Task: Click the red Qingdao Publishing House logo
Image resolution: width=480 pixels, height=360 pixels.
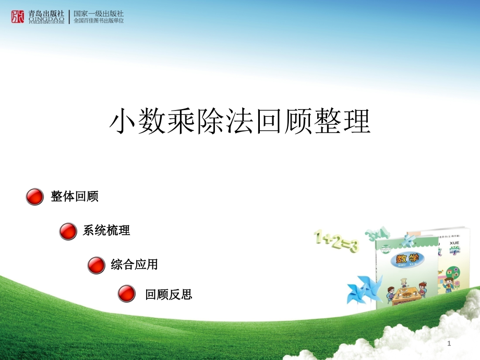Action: click(18, 17)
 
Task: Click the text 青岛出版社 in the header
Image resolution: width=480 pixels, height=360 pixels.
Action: click(46, 13)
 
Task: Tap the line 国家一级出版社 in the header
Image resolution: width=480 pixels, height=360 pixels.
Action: click(99, 13)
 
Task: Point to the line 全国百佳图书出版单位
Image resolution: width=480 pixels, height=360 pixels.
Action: click(99, 21)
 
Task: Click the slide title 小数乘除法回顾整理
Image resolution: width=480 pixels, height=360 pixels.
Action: click(239, 122)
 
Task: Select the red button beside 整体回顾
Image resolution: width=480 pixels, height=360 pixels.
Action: click(34, 197)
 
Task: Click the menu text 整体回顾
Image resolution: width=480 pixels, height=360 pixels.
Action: click(75, 197)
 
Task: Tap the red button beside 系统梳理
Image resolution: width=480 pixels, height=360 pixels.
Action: click(68, 231)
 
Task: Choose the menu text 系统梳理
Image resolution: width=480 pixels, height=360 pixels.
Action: click(106, 231)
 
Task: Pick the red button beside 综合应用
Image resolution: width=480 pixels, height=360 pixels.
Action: click(96, 265)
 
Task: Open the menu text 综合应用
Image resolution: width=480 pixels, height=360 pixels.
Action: click(134, 265)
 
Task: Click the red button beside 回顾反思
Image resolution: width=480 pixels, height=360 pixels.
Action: click(126, 294)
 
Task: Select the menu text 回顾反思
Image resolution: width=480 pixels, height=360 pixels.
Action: click(169, 295)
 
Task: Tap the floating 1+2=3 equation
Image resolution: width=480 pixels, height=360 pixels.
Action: click(335, 242)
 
